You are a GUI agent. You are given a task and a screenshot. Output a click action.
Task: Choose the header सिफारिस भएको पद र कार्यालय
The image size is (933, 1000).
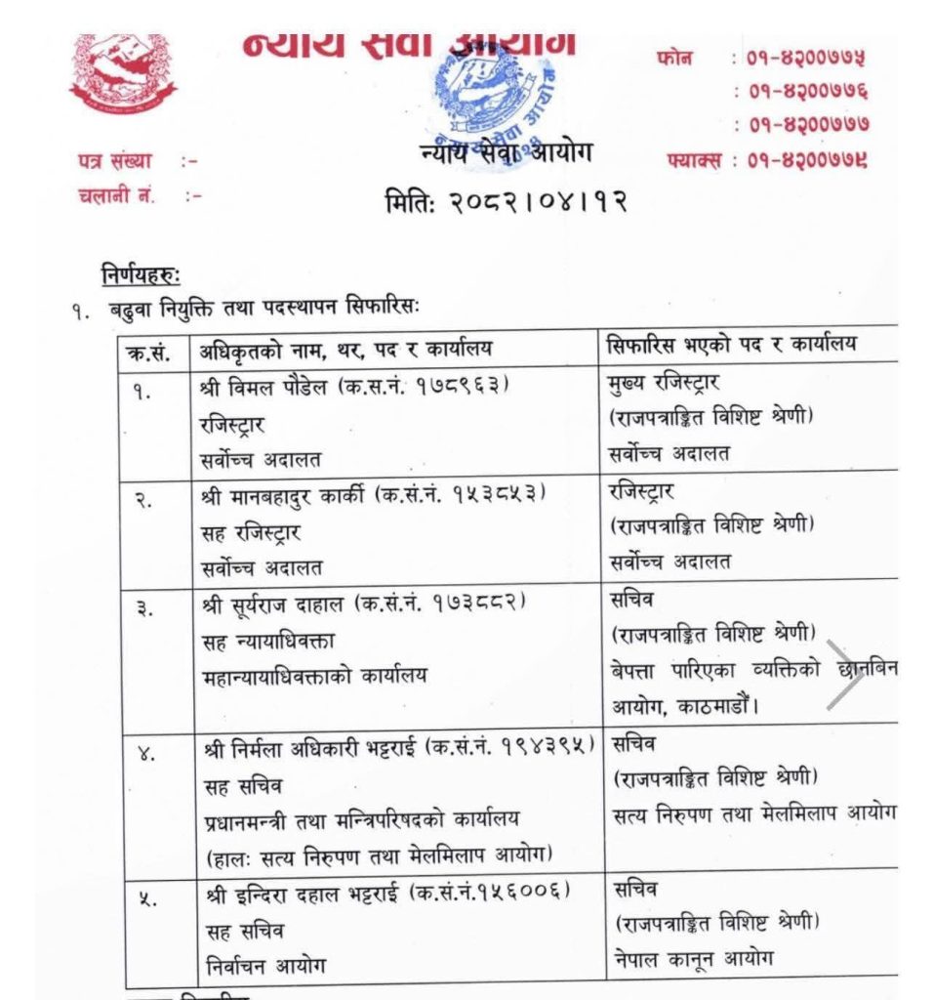(739, 348)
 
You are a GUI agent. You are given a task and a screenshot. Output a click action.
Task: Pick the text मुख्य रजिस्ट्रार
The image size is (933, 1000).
(664, 382)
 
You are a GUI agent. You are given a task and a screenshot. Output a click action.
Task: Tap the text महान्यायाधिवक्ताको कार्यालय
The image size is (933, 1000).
(316, 676)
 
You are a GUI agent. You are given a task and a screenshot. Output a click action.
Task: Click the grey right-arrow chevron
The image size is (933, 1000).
(845, 674)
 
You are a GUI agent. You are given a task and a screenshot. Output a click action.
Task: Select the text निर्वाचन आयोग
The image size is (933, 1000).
(265, 967)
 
